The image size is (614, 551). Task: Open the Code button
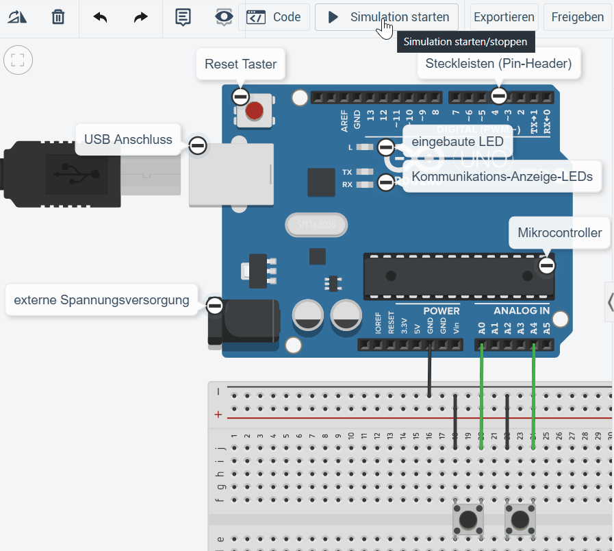tap(274, 17)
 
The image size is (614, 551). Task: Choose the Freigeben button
tap(577, 17)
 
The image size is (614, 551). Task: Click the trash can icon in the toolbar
tap(58, 17)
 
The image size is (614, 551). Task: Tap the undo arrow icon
tap(101, 17)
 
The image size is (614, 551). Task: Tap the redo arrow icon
tap(140, 17)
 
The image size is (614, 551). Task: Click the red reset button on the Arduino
tap(254, 110)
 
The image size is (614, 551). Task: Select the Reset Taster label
tap(240, 64)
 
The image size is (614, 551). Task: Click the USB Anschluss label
tap(128, 139)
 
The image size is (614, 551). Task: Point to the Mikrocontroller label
tap(559, 233)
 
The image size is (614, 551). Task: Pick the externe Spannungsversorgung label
tap(101, 299)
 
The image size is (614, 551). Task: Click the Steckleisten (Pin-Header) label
tap(498, 64)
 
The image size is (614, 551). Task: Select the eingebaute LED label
tap(457, 141)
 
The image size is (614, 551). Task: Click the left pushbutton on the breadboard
tap(468, 520)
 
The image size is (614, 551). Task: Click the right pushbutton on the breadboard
tap(520, 520)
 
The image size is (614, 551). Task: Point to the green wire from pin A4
tap(533, 397)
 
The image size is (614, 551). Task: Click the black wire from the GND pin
tap(429, 370)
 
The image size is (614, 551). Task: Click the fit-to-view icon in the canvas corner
tap(18, 60)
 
